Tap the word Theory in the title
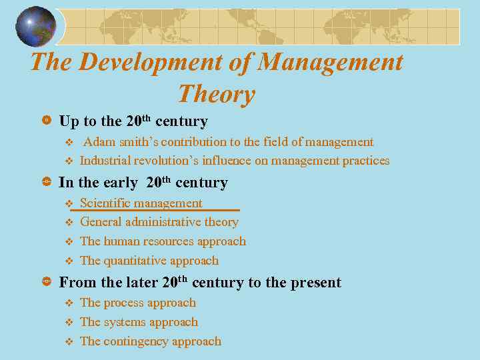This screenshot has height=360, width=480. coord(217,94)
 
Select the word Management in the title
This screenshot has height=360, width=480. coord(331,62)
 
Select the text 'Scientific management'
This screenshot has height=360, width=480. coord(141,203)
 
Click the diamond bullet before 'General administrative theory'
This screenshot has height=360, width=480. coord(67,222)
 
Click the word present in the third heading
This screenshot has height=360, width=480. coord(314,283)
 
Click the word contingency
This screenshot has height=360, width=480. coord(135,341)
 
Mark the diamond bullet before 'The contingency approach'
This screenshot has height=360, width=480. coord(67,341)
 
